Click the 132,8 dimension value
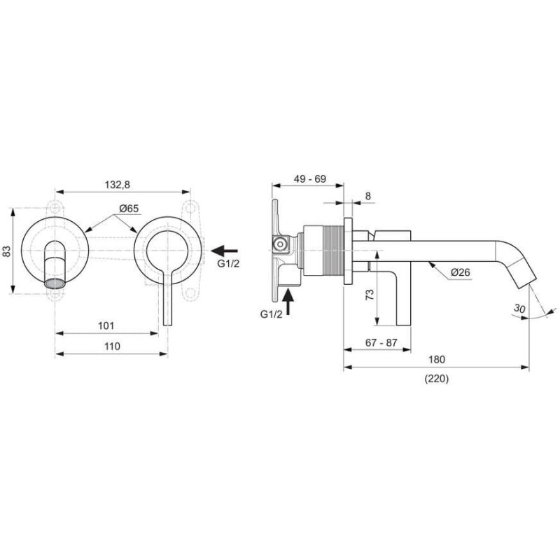118,185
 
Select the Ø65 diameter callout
129,208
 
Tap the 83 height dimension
7,251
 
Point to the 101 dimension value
106,325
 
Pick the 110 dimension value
112,346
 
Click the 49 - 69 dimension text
309,178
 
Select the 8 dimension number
368,196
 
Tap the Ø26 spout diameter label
461,272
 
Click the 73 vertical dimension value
370,294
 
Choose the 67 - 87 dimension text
381,342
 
